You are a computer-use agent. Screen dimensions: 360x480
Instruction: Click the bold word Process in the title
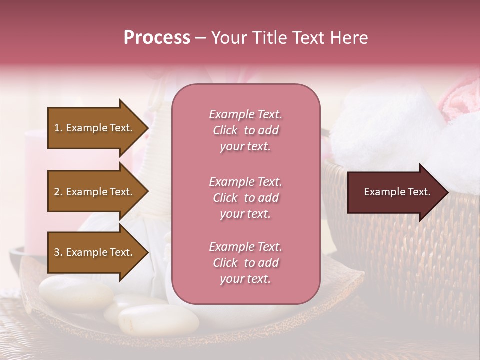[157, 38]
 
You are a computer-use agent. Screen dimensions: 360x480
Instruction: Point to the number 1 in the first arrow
[57, 128]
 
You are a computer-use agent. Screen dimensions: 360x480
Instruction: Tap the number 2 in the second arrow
[57, 192]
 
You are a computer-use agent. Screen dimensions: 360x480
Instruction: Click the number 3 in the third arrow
[57, 252]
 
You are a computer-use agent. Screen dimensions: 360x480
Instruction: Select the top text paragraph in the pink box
[245, 130]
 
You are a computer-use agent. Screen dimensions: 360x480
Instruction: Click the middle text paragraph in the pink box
[245, 198]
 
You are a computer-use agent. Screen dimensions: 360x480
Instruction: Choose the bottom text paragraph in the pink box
[245, 263]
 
